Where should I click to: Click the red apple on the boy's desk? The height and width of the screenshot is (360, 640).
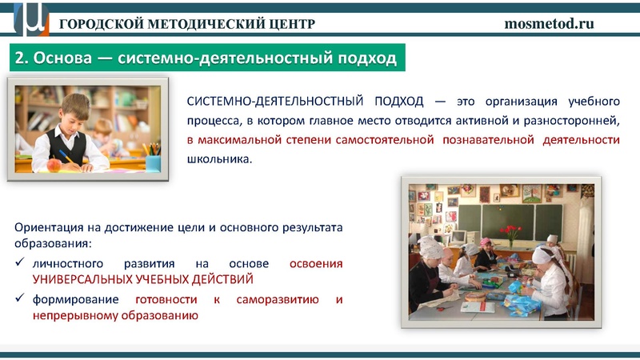coord(54,164)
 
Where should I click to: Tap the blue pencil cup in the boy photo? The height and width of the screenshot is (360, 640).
coord(153,162)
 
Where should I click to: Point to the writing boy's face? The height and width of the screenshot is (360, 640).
coord(74,113)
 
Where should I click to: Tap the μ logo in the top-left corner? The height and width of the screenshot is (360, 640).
coord(30,18)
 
